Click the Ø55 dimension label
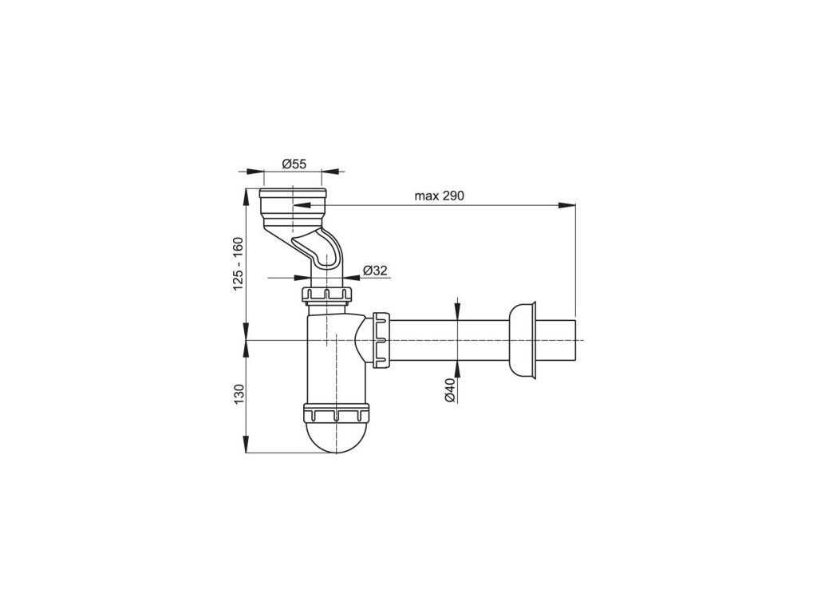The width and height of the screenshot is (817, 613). coord(294,164)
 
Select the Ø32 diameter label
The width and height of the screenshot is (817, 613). coord(374,270)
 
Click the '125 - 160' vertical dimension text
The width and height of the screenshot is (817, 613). coord(237,264)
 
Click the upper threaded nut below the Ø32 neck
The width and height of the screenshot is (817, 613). coord(327,295)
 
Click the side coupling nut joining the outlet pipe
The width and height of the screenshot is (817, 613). coord(381,339)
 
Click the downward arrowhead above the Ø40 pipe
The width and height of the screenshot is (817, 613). coord(457,313)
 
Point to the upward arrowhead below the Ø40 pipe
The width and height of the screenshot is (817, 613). coord(457,366)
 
